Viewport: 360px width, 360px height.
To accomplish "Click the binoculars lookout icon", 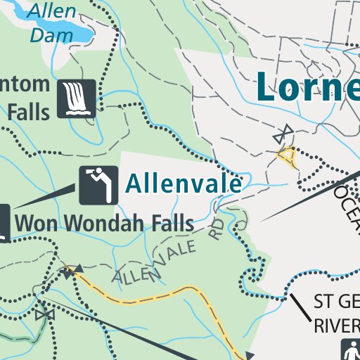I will pyautogui.click(x=98, y=185).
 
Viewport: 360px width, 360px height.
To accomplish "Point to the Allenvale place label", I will pyautogui.click(x=184, y=184).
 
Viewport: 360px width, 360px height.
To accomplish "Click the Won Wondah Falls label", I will pyautogui.click(x=104, y=224).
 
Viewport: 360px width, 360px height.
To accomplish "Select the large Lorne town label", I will pyautogui.click(x=307, y=86).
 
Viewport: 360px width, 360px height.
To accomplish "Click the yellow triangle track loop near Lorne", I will pyautogui.click(x=287, y=157).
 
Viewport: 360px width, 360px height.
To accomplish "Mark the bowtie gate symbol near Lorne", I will pyautogui.click(x=284, y=132).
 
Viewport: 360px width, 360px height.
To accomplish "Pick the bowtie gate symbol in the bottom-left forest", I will pyautogui.click(x=46, y=314).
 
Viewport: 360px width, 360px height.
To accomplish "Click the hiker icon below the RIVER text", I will pyautogui.click(x=350, y=349).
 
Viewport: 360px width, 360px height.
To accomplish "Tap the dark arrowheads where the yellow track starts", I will pyautogui.click(x=69, y=269).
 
